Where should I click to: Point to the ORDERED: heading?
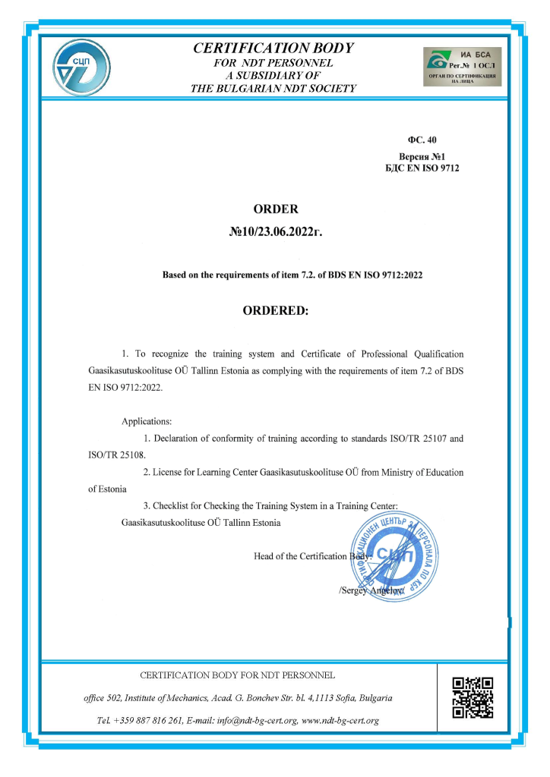point(275,310)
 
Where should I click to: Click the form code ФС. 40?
point(422,140)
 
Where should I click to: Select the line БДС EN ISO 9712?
point(422,168)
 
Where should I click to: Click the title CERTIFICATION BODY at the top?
point(273,48)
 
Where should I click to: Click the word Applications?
point(147,421)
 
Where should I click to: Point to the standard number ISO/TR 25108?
point(115,455)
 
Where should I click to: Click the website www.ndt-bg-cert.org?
point(341,720)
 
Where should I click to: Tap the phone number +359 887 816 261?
point(147,720)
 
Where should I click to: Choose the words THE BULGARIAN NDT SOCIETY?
point(273,89)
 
